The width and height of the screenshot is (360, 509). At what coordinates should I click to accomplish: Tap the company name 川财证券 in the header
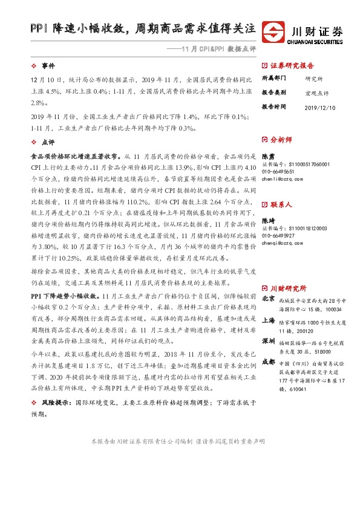318,29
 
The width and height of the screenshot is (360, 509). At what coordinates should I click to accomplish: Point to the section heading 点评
48,142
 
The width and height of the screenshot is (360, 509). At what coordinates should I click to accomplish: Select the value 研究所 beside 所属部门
314,79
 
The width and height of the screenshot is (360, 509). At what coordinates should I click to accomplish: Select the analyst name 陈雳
268,155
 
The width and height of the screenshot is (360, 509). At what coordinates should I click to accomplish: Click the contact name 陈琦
268,221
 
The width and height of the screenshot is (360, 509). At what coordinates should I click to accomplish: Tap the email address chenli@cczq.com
281,179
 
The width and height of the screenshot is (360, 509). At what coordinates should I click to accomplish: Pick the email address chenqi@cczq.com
282,244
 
